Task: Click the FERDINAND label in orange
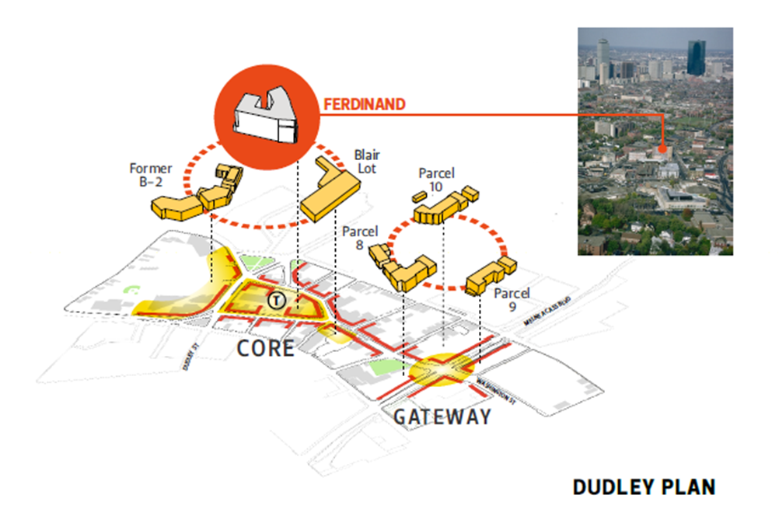(x=363, y=104)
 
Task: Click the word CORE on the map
(x=266, y=347)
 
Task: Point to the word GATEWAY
(x=442, y=417)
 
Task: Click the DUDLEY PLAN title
(x=644, y=487)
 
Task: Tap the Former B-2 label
(x=151, y=175)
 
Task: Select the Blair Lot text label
(x=367, y=162)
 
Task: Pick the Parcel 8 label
(x=359, y=238)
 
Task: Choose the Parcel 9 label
(x=512, y=300)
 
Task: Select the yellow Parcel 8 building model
(x=404, y=268)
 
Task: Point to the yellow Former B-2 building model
(x=194, y=194)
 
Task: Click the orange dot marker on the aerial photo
(x=662, y=148)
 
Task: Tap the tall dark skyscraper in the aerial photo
(x=696, y=58)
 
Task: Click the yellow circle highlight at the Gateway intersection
(x=439, y=371)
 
